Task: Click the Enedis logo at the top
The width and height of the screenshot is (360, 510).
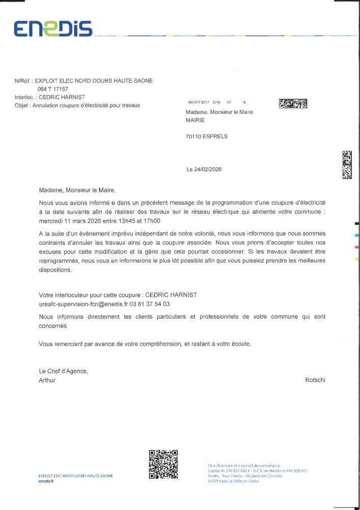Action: [53, 29]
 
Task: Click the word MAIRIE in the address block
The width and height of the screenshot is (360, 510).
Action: [195, 120]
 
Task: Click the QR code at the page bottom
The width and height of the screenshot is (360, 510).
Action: [163, 464]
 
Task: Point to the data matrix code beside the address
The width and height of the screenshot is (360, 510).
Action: [293, 104]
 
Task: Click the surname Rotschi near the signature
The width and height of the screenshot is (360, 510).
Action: [315, 380]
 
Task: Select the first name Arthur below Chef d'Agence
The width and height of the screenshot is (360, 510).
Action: [47, 380]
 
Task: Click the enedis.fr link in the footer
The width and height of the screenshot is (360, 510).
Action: [46, 481]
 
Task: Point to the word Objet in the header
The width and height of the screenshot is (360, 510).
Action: [22, 106]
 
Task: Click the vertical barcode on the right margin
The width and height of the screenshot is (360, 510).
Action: [347, 165]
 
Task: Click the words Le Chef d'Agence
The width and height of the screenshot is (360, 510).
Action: [63, 371]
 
